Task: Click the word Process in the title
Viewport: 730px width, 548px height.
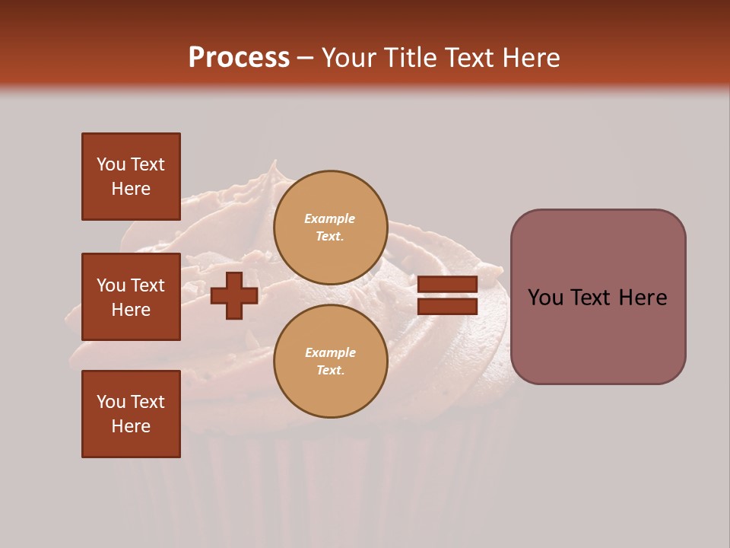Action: (x=239, y=57)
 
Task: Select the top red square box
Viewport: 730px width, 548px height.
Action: (x=131, y=177)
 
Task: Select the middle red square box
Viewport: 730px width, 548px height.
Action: (x=131, y=297)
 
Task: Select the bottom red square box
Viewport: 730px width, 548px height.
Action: (x=131, y=413)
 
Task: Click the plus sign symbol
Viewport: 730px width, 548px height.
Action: (x=234, y=296)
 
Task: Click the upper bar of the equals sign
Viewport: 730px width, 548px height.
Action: (x=447, y=285)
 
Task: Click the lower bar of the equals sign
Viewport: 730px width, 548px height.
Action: (x=447, y=307)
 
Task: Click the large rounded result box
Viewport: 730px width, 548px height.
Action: (x=598, y=335)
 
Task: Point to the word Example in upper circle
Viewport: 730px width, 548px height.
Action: (x=329, y=218)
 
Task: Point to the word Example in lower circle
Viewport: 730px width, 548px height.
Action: (x=329, y=352)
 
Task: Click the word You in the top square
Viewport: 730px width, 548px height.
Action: (x=111, y=164)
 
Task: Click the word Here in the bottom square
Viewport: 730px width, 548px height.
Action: (x=131, y=426)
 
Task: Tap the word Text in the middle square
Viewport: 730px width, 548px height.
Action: (x=148, y=285)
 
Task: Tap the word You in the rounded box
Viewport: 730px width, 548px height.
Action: (x=545, y=298)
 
